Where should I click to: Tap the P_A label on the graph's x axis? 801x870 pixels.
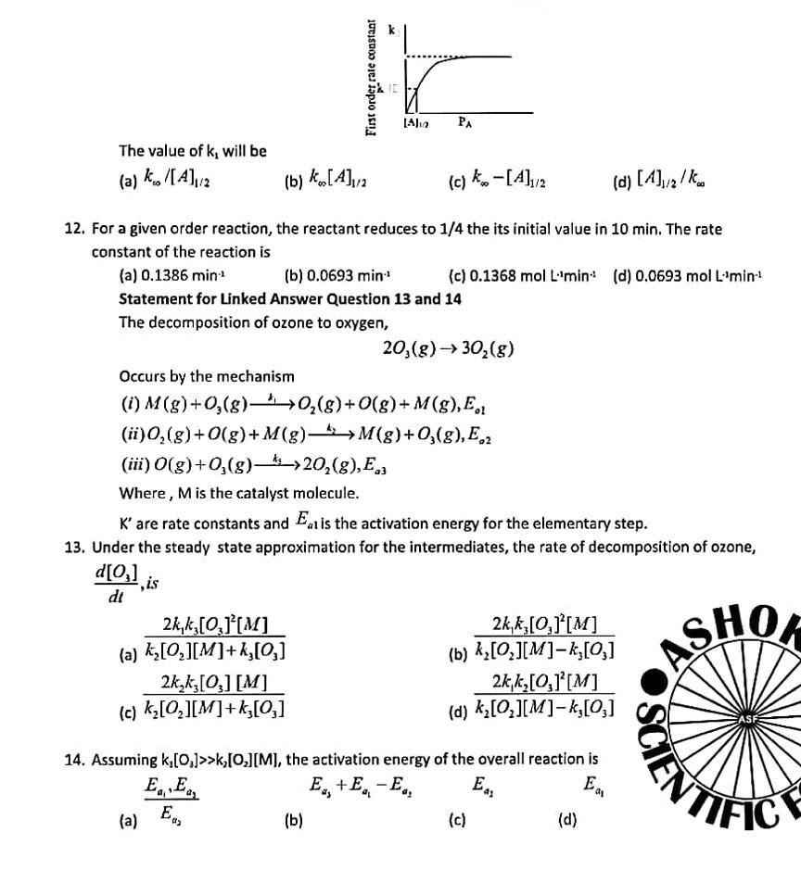pos(465,120)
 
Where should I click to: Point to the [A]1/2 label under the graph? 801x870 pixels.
pos(414,121)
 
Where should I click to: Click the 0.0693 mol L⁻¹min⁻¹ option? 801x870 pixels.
pos(687,275)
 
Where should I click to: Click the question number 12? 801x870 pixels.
pos(74,229)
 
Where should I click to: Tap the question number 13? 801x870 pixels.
pos(74,547)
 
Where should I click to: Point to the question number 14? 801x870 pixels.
pos(74,760)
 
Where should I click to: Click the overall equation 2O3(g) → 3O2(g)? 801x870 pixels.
pos(448,348)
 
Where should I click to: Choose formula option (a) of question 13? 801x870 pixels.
pos(215,637)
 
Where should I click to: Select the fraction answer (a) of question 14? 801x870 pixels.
pos(172,800)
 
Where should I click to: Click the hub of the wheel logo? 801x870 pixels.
pos(746,719)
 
